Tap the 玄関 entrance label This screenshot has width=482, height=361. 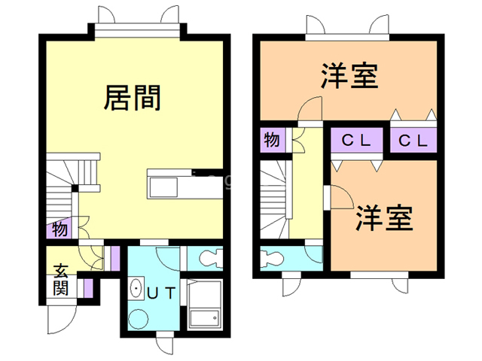click(x=60, y=278)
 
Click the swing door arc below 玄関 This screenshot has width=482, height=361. click(x=60, y=320)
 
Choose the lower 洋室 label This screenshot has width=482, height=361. click(x=383, y=217)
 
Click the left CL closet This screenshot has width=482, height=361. click(x=358, y=141)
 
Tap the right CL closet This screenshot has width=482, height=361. click(x=413, y=141)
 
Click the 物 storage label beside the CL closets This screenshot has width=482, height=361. click(x=272, y=139)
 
